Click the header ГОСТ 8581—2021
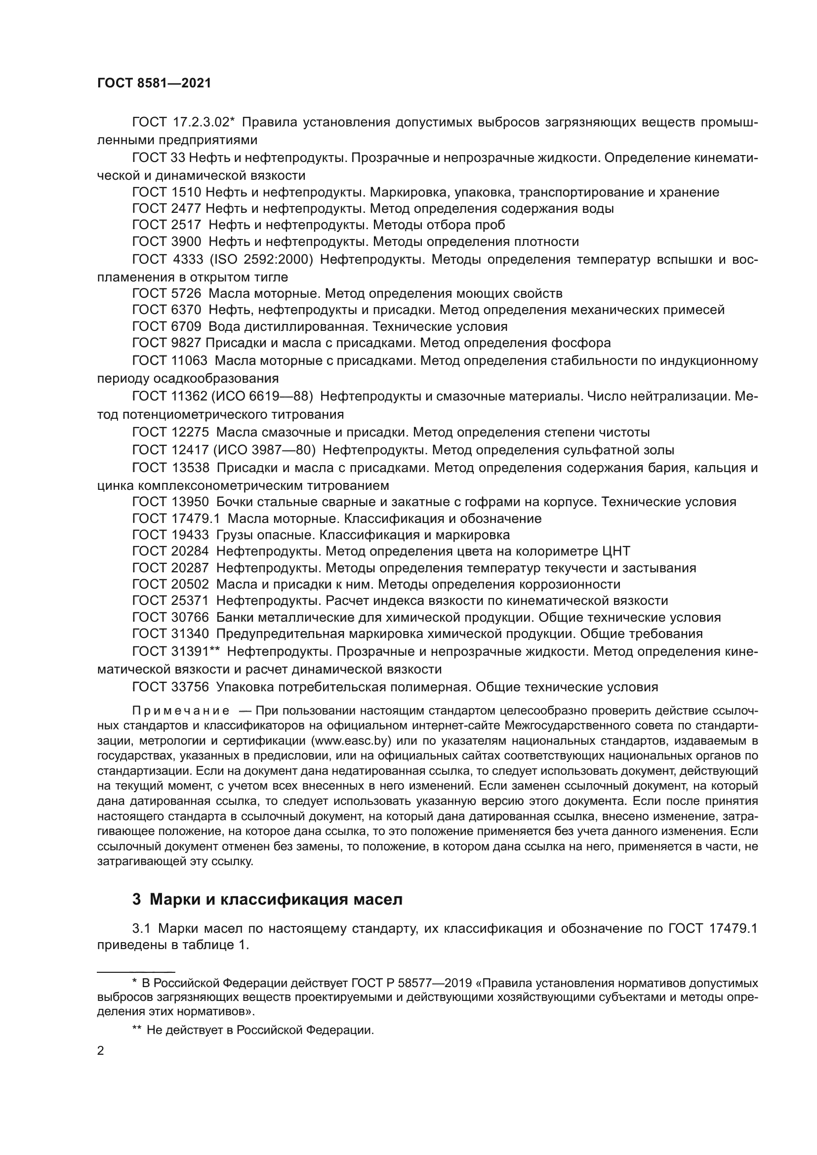154,83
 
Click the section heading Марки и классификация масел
276,899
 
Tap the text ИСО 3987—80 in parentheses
264,450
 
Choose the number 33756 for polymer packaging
190,687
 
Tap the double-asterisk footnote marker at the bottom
137,1030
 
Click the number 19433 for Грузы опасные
190,534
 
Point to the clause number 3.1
141,928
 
